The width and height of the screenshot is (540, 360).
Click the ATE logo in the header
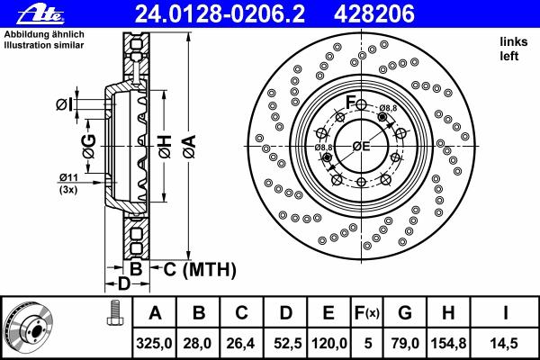coord(40,14)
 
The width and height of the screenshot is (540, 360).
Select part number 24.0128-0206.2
coord(220,14)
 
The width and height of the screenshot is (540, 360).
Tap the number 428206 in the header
coord(374,14)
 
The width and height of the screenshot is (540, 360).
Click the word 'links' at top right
coord(514,41)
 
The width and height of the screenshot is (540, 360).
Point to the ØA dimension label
coord(190,147)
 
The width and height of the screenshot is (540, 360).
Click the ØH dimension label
coord(165,147)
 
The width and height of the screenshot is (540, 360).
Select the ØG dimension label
coord(89,147)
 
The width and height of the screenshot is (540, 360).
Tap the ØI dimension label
coord(65,104)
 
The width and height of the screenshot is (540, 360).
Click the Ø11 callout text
coord(68,178)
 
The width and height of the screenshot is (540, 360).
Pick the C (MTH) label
coord(200,269)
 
